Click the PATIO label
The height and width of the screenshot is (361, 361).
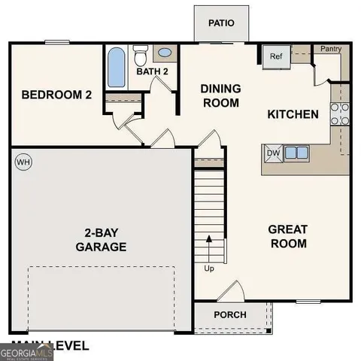[x=221, y=23]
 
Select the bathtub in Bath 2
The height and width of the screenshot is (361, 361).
[x=116, y=68]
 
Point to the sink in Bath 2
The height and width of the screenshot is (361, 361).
[x=164, y=53]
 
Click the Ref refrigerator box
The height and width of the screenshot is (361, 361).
[x=275, y=56]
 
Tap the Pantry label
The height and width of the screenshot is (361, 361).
[x=331, y=49]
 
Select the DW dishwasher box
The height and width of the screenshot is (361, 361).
[x=272, y=153]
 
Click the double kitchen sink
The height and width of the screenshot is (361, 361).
[x=296, y=153]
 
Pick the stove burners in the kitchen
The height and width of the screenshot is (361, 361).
[x=339, y=113]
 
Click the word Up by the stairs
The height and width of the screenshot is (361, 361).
[x=208, y=267]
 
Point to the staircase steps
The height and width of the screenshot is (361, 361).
[x=209, y=211]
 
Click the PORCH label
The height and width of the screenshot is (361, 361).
[x=230, y=314]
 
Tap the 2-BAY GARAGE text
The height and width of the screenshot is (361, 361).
[x=100, y=240]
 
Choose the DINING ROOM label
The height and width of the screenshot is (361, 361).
[x=220, y=96]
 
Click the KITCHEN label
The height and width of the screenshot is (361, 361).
[x=293, y=114]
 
